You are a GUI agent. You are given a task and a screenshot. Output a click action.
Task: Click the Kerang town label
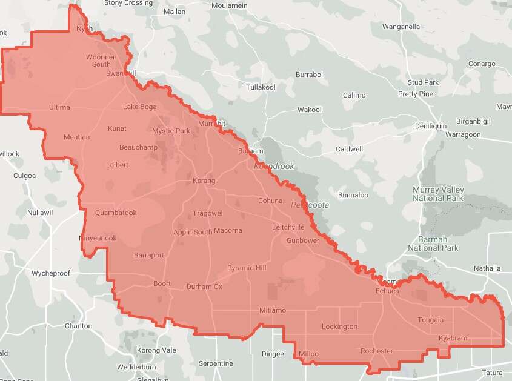(x=204, y=181)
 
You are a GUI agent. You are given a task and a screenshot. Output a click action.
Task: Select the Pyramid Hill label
(x=247, y=268)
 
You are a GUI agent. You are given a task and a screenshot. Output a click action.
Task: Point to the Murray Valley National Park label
(x=438, y=194)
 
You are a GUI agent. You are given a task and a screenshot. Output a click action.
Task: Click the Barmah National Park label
(x=433, y=244)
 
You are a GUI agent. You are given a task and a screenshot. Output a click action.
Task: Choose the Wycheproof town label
(x=51, y=273)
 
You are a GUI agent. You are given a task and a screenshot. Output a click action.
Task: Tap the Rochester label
(x=377, y=351)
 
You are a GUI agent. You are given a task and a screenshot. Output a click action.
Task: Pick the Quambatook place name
(x=116, y=213)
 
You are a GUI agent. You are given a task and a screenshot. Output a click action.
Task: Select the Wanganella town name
(x=401, y=27)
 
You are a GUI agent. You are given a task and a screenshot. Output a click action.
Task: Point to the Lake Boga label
(x=140, y=107)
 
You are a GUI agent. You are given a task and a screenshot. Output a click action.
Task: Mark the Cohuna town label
(x=270, y=200)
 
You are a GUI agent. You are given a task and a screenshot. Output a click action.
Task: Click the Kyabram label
(x=453, y=338)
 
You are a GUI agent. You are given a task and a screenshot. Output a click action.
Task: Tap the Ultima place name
(x=59, y=107)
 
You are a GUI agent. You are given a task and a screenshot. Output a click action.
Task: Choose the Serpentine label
(x=216, y=363)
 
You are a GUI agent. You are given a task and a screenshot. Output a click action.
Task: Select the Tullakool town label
(x=261, y=87)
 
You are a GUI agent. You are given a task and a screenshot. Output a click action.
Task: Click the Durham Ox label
(x=204, y=287)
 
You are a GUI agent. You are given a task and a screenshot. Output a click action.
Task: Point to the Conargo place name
(x=482, y=64)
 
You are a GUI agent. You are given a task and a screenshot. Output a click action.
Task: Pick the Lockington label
(x=339, y=326)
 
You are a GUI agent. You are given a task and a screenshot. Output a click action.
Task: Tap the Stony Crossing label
(x=128, y=3)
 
